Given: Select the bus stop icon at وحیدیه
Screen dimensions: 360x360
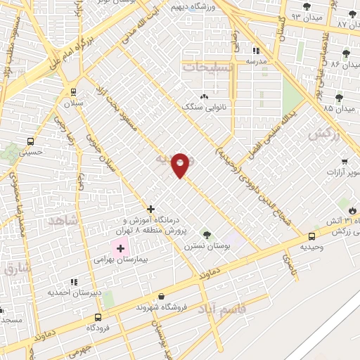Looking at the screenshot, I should point(311,236).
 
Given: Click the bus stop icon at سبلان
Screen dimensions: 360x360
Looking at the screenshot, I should point(73,91).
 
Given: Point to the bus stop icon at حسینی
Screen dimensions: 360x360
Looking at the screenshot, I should point(29,139).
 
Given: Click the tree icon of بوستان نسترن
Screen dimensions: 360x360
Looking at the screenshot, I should point(206,234).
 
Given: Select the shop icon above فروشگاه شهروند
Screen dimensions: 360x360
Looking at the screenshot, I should point(162,297).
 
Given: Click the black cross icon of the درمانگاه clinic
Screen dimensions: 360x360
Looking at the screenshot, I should point(150,209).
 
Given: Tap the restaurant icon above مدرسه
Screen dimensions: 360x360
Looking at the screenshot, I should point(256,51).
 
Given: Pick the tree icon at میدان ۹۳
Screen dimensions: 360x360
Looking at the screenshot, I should point(306,7).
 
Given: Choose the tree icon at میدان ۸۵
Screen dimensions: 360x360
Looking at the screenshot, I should point(339,98).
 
